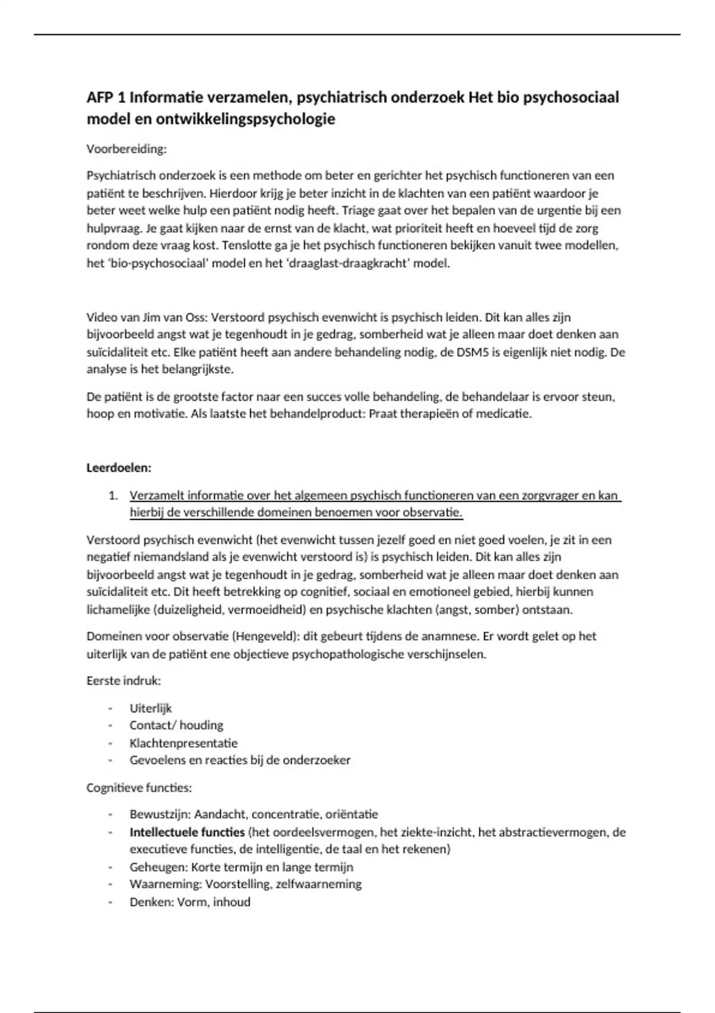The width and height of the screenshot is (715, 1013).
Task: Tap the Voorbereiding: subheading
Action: (x=126, y=149)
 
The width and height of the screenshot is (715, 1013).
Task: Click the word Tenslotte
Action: (x=288, y=246)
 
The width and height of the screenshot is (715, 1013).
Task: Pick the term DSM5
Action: (x=474, y=352)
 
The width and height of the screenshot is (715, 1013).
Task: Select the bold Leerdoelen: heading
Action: (x=119, y=468)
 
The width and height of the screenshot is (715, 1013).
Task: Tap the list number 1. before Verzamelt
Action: (x=113, y=496)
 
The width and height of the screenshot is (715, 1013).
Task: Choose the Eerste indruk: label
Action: (x=124, y=680)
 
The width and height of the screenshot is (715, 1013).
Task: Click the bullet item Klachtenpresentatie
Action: (x=184, y=743)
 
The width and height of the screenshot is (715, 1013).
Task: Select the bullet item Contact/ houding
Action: (x=176, y=725)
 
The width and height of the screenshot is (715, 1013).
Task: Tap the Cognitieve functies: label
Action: (x=139, y=788)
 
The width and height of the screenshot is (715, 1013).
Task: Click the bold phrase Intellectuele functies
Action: (x=187, y=832)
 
